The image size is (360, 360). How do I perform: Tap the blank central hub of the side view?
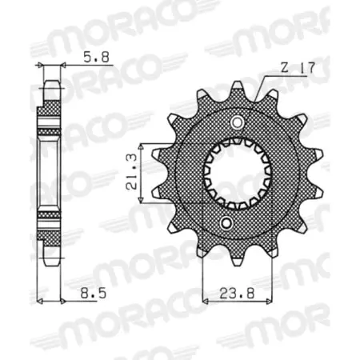[50, 172]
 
